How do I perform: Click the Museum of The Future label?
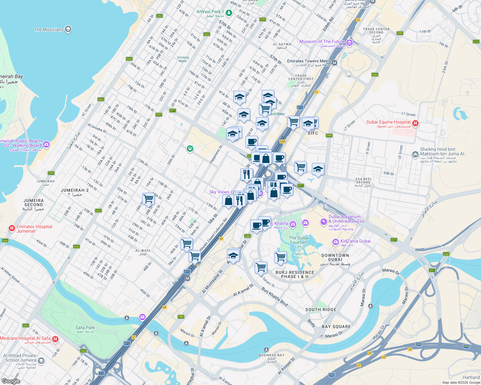[x=322, y=42]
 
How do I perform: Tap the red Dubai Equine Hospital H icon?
[x=415, y=123]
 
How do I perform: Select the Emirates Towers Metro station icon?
[x=334, y=63]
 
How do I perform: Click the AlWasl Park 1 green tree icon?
[x=229, y=13]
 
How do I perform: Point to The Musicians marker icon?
[x=68, y=30]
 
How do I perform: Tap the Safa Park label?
[x=85, y=328]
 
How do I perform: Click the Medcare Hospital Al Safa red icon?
[x=55, y=339]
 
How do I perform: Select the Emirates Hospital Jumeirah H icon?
[x=12, y=228]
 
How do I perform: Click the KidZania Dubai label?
[x=355, y=241]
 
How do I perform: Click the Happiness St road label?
[x=216, y=155]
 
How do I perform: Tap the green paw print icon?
[x=190, y=149]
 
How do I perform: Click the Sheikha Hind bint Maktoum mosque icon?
[x=415, y=154]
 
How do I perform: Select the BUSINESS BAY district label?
[x=272, y=355]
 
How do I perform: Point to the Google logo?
[x=11, y=381]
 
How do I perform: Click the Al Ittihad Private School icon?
[x=41, y=361]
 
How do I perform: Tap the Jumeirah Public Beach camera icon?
[x=46, y=144]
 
